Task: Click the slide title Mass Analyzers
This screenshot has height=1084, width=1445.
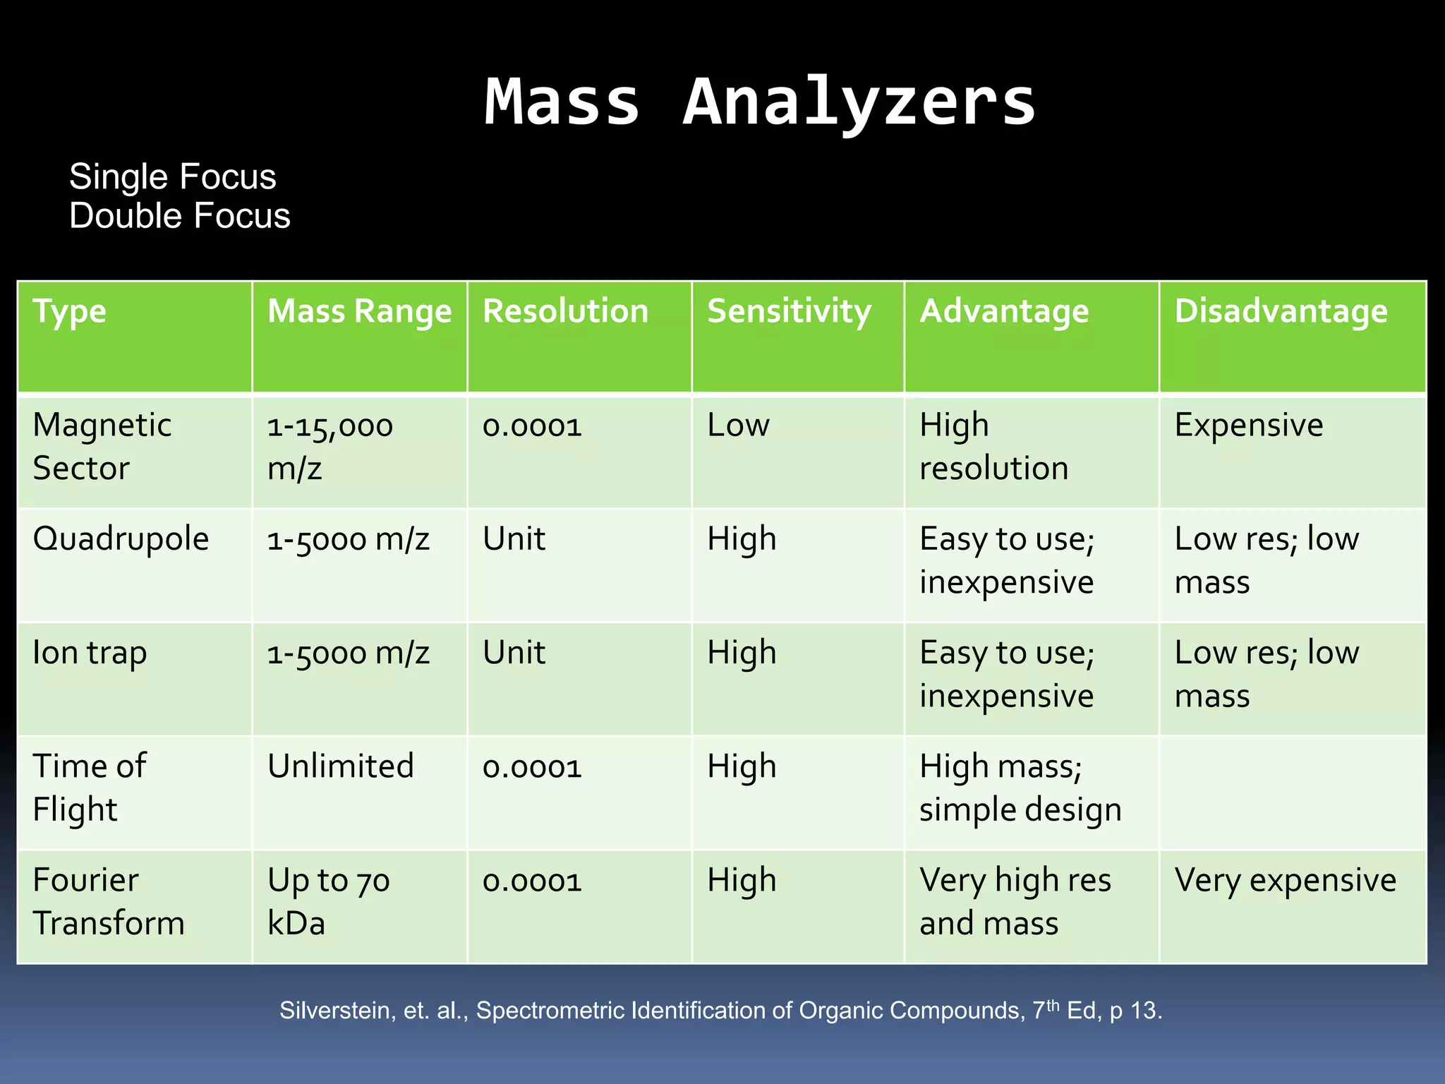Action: pos(760,102)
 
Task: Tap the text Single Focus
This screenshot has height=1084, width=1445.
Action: pos(172,176)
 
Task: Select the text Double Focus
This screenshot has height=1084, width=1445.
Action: pos(179,216)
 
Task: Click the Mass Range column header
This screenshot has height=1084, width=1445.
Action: pos(359,311)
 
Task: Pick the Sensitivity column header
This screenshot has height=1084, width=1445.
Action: pos(789,311)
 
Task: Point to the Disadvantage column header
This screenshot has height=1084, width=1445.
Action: pos(1281,311)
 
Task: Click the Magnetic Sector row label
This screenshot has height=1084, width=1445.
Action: pos(102,446)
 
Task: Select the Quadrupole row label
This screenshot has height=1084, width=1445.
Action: pos(121,539)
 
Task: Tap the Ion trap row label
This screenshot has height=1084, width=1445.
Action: pos(90,653)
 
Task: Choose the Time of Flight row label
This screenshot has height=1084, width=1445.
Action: pos(90,787)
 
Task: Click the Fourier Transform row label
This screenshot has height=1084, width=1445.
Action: pos(109,901)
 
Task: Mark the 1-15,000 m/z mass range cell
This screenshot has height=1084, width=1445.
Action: pos(329,446)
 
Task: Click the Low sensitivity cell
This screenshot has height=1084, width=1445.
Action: pos(738,426)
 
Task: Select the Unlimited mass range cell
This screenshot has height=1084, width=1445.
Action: pos(340,766)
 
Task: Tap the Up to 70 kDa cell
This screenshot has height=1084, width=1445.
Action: pos(328,901)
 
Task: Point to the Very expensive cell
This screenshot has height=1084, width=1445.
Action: pos(1285,881)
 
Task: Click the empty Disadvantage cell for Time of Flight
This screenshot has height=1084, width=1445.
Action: pos(1292,793)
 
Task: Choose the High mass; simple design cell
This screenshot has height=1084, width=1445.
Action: pos(1020,787)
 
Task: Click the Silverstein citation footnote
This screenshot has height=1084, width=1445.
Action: pos(720,1011)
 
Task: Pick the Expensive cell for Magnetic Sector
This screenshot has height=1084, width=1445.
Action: pos(1248,426)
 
